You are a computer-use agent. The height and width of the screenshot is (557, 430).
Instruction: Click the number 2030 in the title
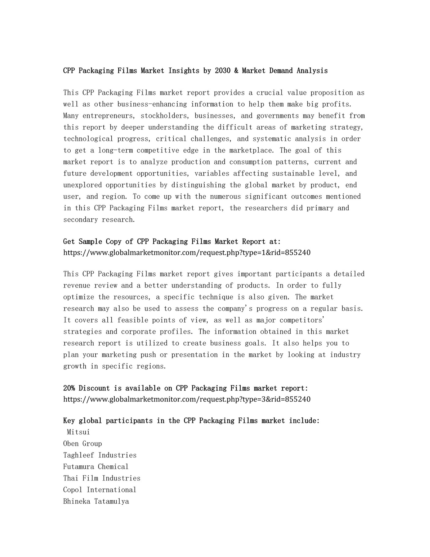(222, 71)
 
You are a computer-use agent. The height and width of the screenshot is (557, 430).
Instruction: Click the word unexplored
(83, 185)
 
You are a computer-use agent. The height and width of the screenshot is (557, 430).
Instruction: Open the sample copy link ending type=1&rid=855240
(187, 253)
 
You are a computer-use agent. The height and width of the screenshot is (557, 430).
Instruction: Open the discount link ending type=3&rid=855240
(187, 399)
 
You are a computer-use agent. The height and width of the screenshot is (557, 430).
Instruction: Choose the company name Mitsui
(78, 432)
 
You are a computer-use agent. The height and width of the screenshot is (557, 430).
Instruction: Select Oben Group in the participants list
(83, 444)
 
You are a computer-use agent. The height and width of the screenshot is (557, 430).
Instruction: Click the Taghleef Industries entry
(100, 455)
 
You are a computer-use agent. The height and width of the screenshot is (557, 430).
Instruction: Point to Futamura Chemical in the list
(96, 467)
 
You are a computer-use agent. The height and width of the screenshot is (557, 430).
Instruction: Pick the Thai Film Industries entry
(102, 478)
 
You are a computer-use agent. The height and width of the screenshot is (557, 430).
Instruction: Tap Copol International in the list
(100, 490)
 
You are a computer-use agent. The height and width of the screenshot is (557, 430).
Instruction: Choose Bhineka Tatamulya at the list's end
(96, 502)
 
